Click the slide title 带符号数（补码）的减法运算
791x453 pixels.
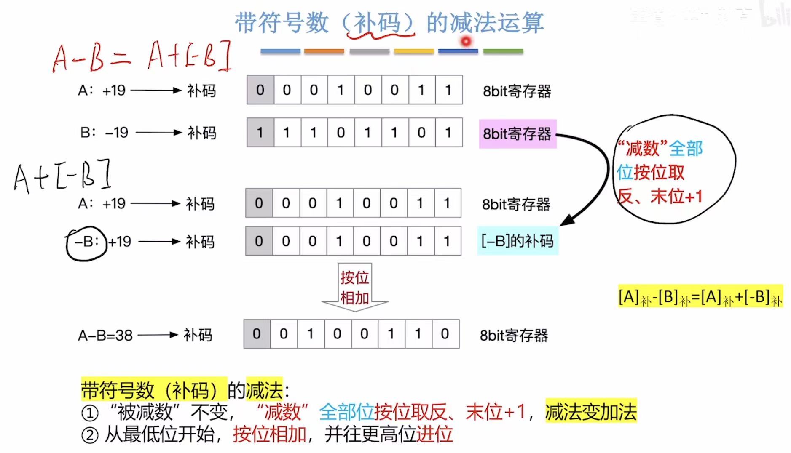(x=389, y=23)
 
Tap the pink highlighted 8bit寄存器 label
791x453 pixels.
(x=517, y=134)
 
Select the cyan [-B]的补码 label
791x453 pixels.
(x=517, y=241)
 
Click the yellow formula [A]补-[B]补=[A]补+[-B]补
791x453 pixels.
(x=700, y=297)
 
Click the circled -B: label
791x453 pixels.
(x=86, y=242)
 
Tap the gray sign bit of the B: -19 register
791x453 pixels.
(x=260, y=133)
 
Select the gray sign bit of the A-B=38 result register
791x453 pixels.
(x=257, y=334)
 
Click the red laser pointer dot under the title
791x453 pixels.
(x=466, y=41)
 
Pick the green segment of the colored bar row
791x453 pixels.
(x=503, y=51)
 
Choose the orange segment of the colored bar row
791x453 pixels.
(x=324, y=51)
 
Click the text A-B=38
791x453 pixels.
(x=105, y=336)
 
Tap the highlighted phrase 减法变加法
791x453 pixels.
(x=590, y=411)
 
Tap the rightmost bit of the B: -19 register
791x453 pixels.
(x=448, y=133)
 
